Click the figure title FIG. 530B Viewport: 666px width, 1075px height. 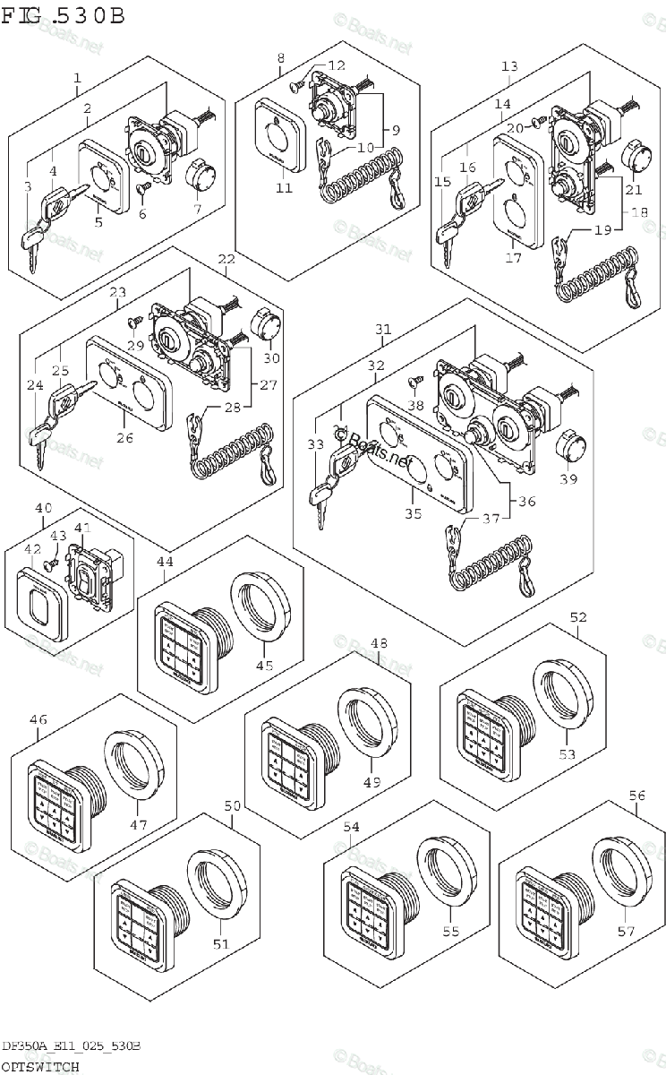pyautogui.click(x=63, y=16)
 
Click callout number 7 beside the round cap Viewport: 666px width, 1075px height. pyautogui.click(x=197, y=209)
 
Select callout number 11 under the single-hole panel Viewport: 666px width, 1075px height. pyautogui.click(x=284, y=188)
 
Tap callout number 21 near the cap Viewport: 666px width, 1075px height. pyautogui.click(x=634, y=189)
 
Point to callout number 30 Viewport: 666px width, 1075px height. pyautogui.click(x=271, y=358)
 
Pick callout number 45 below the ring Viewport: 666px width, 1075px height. pyautogui.click(x=265, y=666)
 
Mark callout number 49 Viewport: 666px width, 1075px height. pyautogui.click(x=371, y=782)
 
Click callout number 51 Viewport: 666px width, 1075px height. pyautogui.click(x=220, y=943)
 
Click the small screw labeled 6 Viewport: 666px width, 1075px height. pyautogui.click(x=142, y=188)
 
